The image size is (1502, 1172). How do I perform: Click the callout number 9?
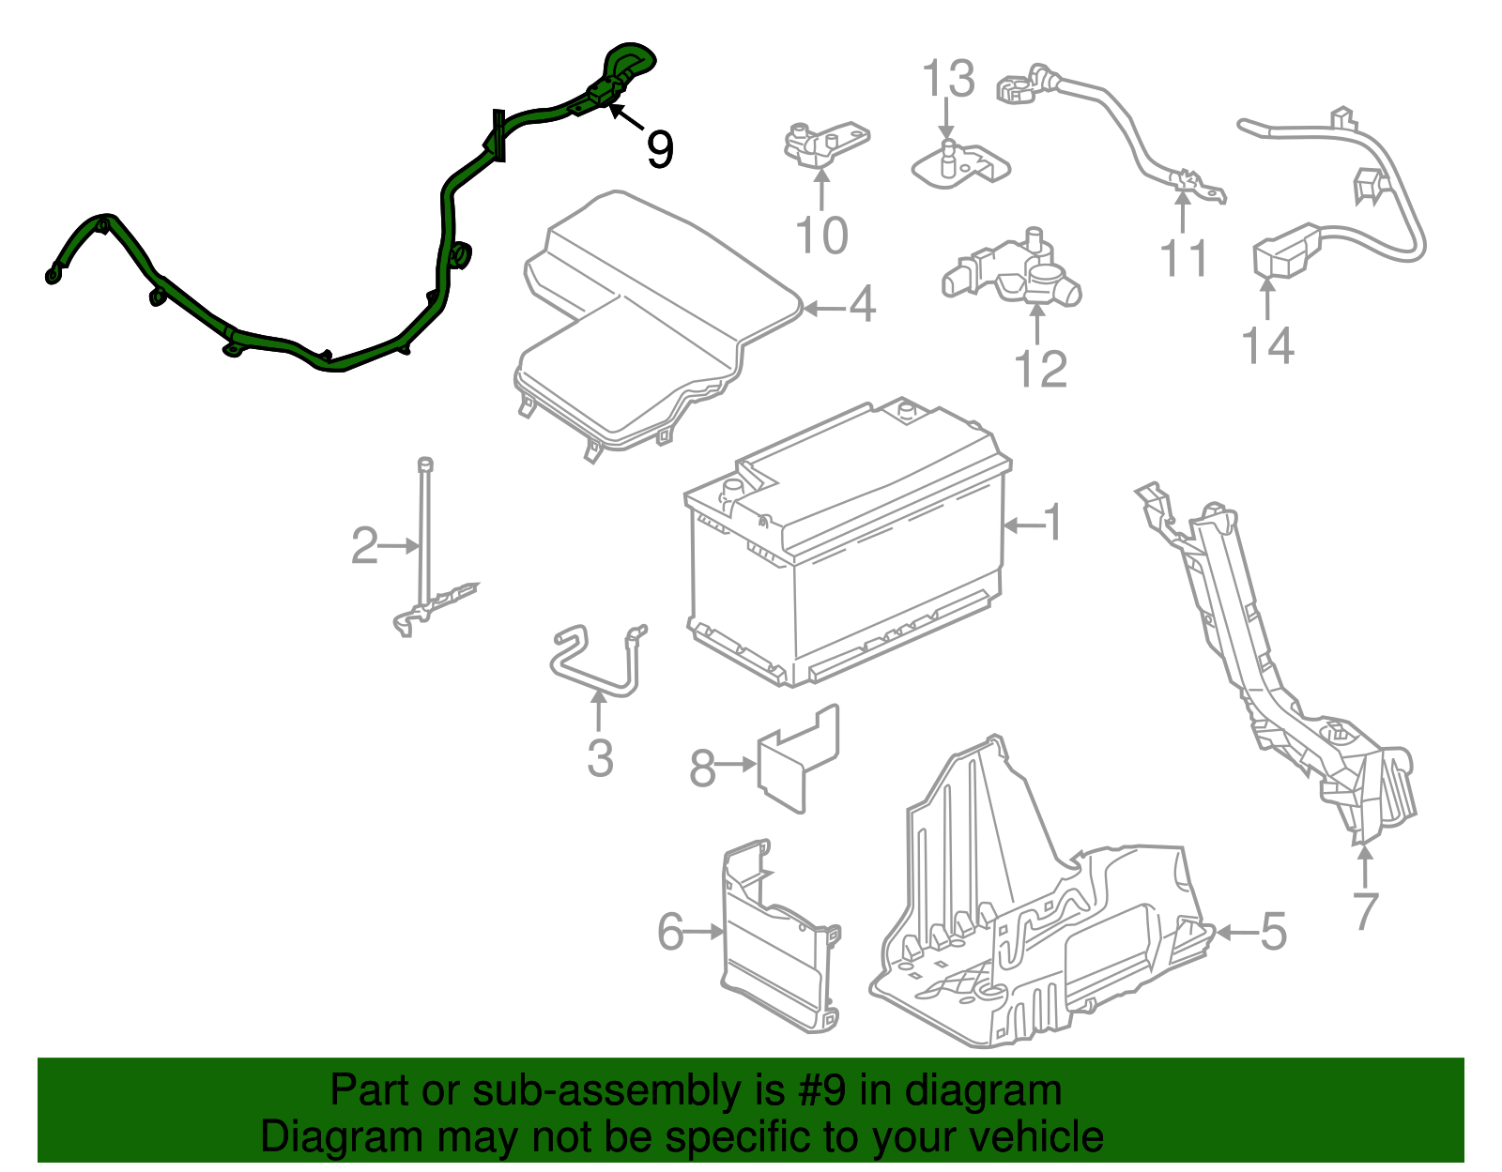pyautogui.click(x=659, y=149)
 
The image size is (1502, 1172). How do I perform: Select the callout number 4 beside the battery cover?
pyautogui.click(x=861, y=304)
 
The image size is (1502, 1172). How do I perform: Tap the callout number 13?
pyautogui.click(x=948, y=78)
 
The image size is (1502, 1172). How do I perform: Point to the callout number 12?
pyautogui.click(x=1040, y=370)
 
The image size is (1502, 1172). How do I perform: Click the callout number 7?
pyautogui.click(x=1365, y=912)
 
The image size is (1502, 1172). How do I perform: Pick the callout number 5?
pyautogui.click(x=1273, y=932)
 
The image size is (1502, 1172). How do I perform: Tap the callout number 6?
pyautogui.click(x=670, y=932)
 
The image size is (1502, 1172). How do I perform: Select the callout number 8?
pyautogui.click(x=703, y=768)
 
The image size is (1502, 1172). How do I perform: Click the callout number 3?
pyautogui.click(x=600, y=758)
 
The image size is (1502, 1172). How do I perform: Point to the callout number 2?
pyautogui.click(x=365, y=545)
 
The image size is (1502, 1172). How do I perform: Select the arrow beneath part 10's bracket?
pyautogui.click(x=821, y=190)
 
